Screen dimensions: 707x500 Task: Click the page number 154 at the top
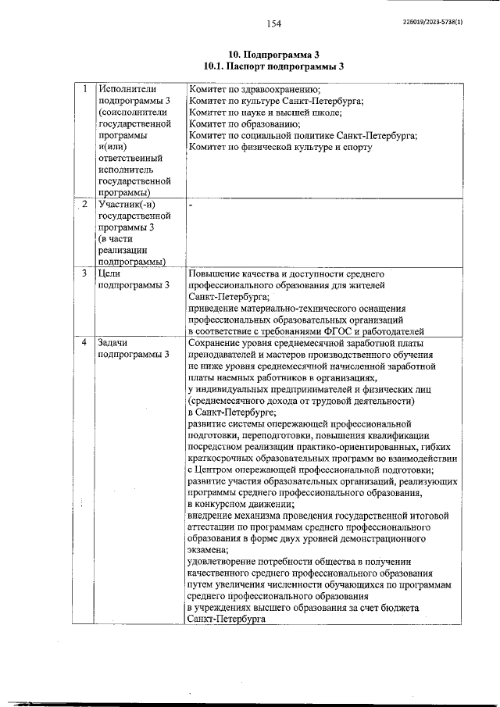(273, 24)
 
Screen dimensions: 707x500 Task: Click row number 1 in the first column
(84, 90)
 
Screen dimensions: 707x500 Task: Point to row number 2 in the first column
(84, 205)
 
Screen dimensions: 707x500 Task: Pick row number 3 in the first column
(84, 274)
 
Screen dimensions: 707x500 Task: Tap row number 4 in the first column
(84, 343)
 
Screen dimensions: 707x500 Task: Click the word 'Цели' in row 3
(109, 274)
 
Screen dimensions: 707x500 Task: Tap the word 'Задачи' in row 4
(113, 343)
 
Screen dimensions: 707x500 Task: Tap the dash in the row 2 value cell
(190, 205)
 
